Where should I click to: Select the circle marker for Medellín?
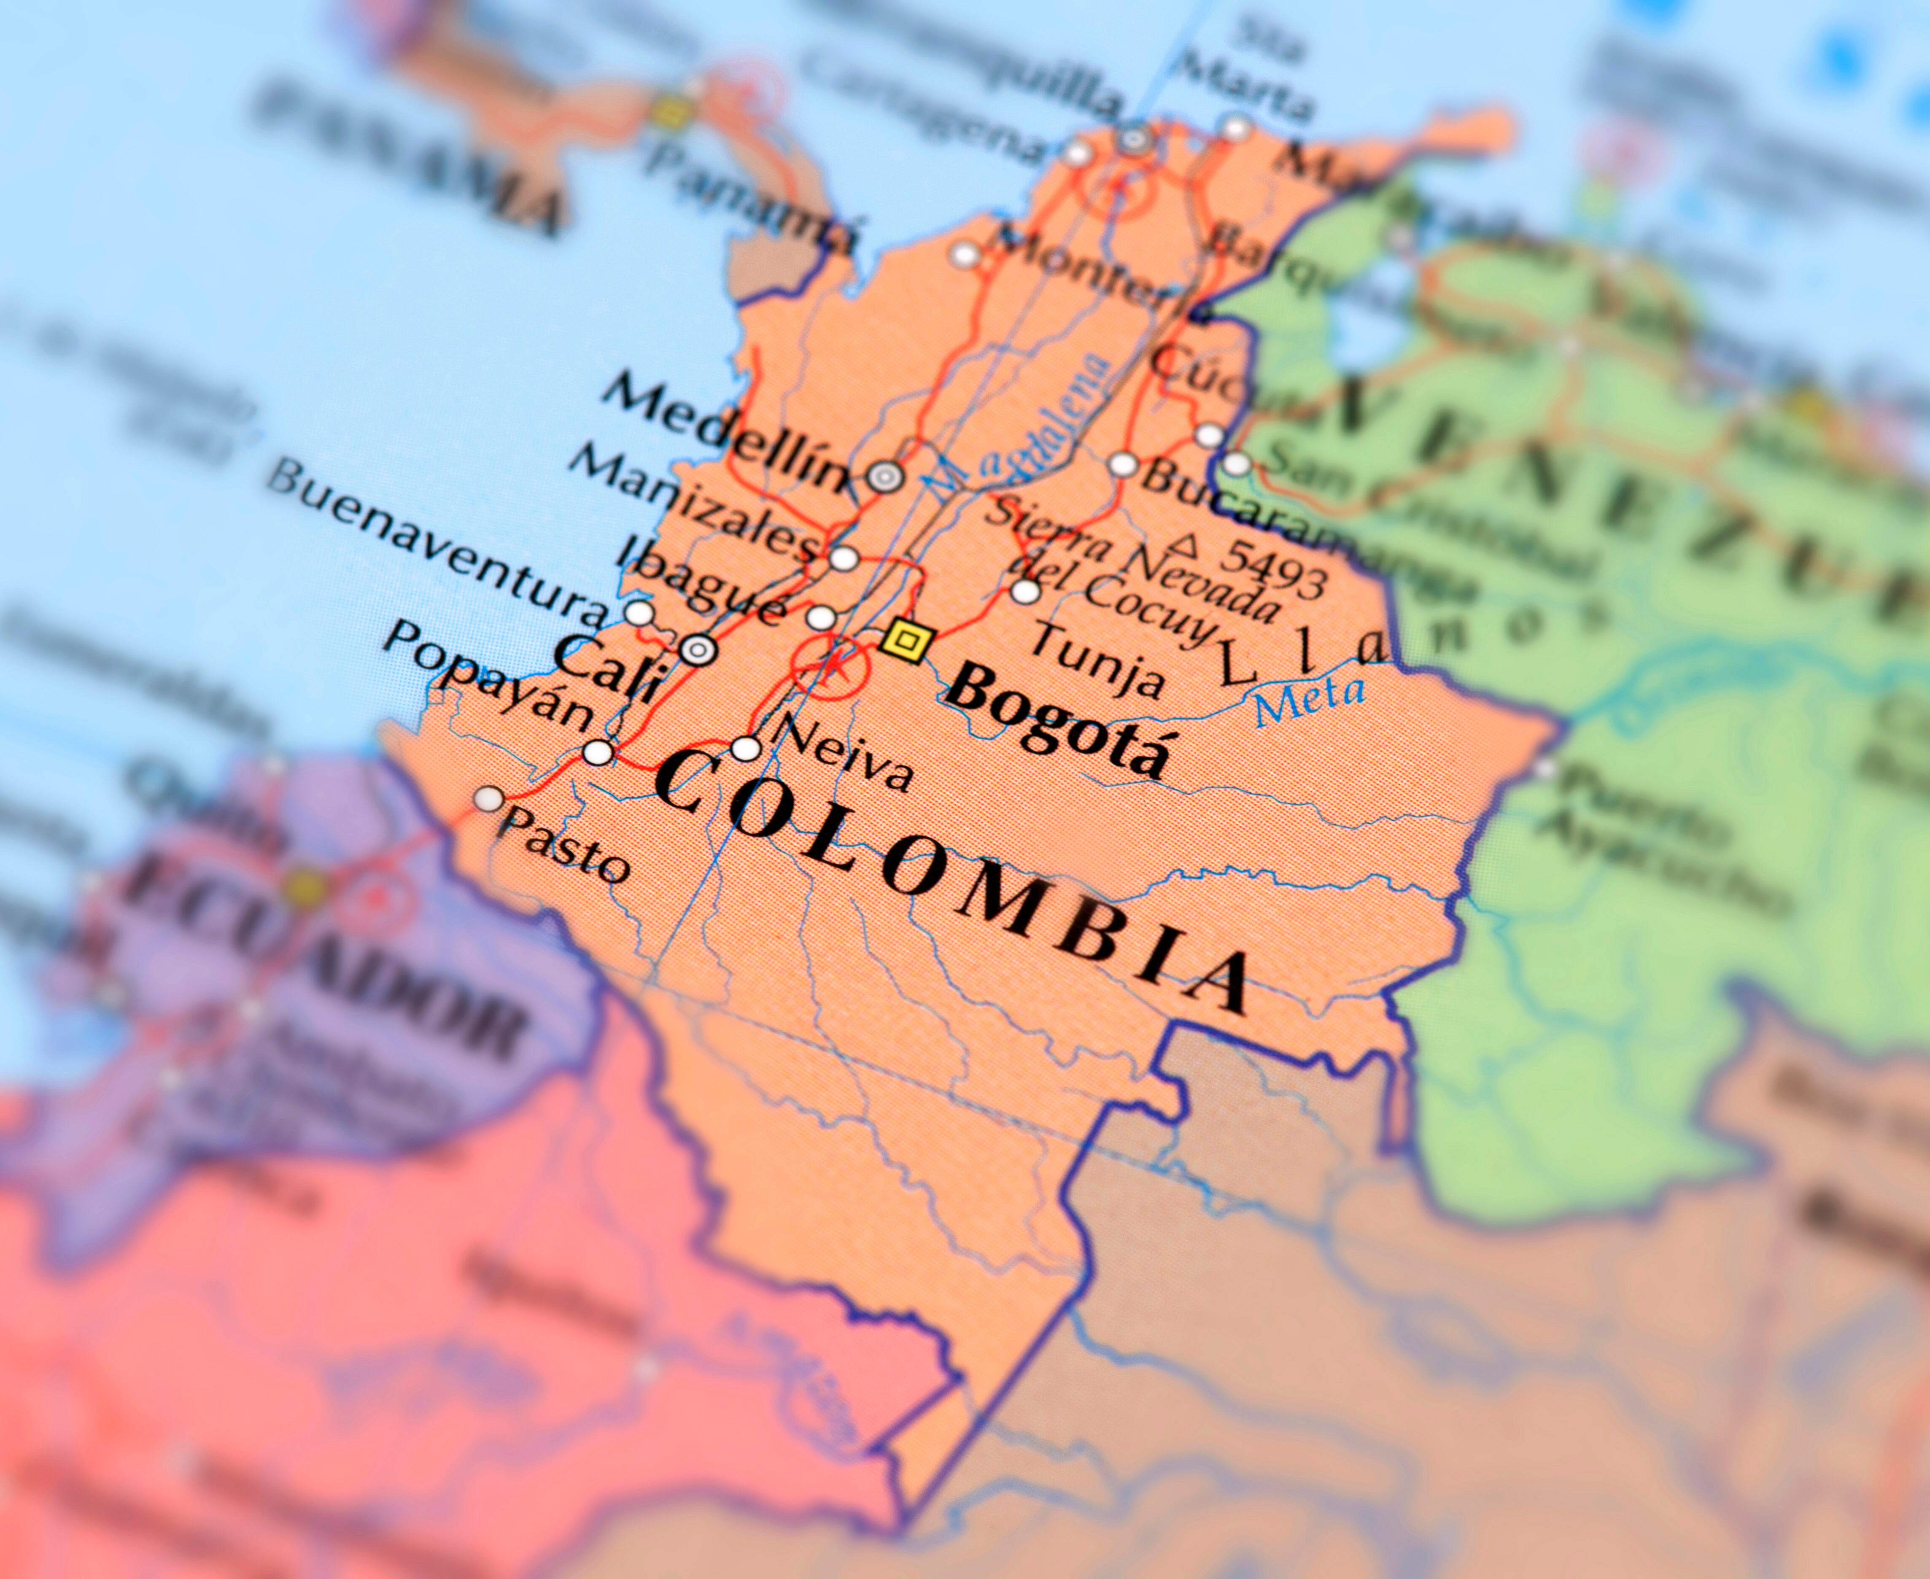(x=885, y=475)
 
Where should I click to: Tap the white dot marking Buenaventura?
(x=639, y=612)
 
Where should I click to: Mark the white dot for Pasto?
(x=489, y=800)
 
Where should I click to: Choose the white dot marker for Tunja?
(x=1025, y=591)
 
